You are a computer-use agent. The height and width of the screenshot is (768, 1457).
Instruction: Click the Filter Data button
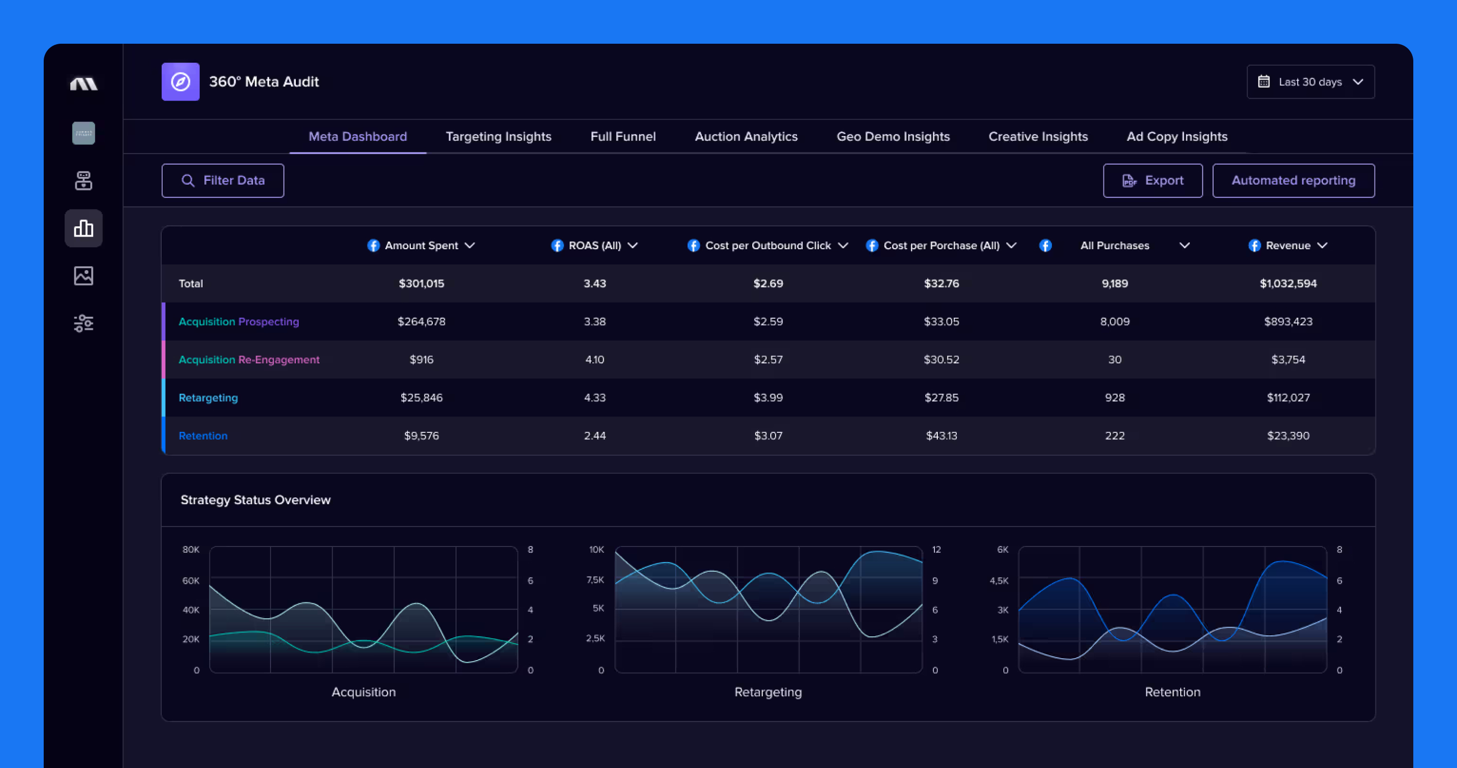[223, 180]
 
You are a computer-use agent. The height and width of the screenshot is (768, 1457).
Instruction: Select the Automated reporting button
[1293, 180]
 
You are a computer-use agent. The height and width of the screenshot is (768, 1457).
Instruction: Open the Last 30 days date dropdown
[1310, 82]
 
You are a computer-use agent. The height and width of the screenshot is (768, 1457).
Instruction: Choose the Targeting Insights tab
[498, 137]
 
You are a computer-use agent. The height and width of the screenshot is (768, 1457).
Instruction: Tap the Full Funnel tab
[623, 137]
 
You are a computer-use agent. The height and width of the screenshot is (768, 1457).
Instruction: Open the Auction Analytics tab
[746, 137]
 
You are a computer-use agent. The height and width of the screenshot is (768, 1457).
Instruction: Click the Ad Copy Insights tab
[1177, 137]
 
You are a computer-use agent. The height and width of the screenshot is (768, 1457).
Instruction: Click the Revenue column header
[1288, 245]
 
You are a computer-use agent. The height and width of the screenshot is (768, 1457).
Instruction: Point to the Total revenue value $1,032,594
[1288, 283]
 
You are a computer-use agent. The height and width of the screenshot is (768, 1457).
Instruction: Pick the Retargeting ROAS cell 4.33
[594, 397]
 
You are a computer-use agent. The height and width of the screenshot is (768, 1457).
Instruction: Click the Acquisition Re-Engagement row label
[249, 359]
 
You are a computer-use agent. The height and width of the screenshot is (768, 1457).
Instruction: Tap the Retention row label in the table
[203, 435]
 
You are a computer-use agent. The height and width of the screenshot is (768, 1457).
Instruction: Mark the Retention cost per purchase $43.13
[941, 435]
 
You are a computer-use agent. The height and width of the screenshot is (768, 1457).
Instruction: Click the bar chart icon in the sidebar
[84, 228]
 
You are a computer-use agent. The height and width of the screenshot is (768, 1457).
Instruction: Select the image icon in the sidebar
[84, 276]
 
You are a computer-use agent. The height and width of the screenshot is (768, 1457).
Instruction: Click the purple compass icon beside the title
[181, 82]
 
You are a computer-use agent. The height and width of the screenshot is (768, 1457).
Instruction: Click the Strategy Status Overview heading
[255, 500]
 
